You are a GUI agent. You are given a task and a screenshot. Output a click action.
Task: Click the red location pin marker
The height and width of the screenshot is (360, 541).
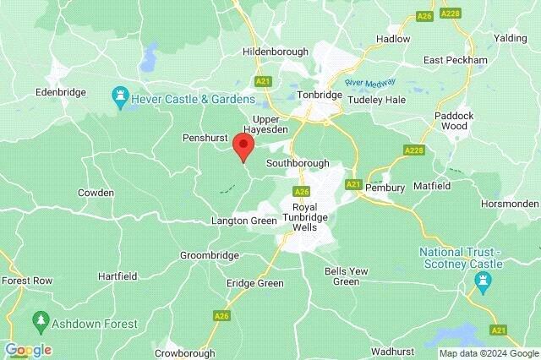[243, 146]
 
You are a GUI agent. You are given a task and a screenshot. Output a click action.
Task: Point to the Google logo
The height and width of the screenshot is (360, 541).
[27, 350]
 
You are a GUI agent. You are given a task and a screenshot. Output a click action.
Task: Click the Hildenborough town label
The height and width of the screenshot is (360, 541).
[275, 52]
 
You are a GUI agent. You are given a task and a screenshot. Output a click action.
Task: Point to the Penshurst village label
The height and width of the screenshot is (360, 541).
[205, 137]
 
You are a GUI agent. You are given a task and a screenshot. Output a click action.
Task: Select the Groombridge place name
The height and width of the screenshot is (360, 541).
[207, 254]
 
